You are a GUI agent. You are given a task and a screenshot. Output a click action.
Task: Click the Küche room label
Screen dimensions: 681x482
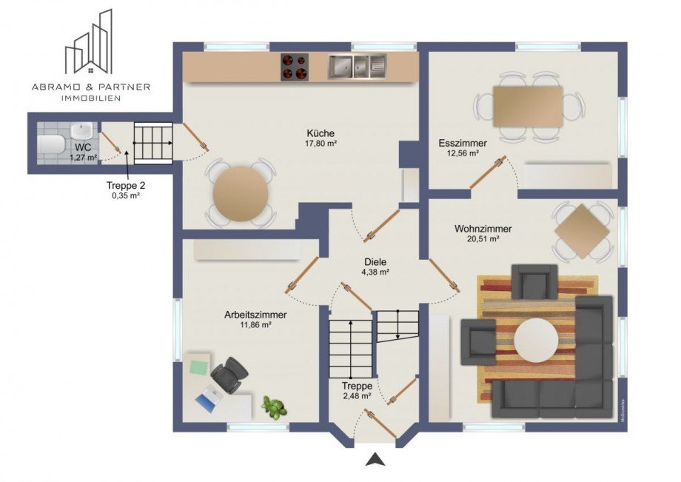(321, 133)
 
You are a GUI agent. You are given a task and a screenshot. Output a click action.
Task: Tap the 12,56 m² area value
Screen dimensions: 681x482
(463, 153)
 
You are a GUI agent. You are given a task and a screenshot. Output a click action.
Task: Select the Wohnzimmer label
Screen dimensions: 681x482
(483, 228)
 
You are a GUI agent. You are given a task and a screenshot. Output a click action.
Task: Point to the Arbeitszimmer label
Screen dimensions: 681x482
(255, 315)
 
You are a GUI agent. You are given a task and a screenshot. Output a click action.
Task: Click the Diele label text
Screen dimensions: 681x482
(375, 262)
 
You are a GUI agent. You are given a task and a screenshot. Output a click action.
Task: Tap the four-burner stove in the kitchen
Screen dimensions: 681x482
(295, 67)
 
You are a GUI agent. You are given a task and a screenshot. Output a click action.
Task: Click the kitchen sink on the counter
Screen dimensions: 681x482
(357, 67)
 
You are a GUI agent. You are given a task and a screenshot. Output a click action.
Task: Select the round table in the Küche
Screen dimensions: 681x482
(240, 194)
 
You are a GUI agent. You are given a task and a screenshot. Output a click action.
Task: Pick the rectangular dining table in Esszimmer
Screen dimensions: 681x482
(528, 107)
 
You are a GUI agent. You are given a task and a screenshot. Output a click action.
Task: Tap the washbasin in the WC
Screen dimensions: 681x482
(81, 130)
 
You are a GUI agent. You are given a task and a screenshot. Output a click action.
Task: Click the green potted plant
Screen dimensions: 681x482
(275, 408)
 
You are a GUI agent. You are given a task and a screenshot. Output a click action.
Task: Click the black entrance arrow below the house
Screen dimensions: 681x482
(375, 459)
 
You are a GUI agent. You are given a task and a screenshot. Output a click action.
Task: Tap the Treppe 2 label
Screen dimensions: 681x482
(126, 185)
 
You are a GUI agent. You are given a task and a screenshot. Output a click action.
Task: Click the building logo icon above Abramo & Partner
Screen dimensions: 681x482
(89, 41)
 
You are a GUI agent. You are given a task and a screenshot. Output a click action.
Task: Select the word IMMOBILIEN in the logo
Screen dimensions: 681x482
(91, 98)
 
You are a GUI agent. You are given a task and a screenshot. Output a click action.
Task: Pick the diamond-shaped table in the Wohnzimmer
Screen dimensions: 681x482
(583, 232)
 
